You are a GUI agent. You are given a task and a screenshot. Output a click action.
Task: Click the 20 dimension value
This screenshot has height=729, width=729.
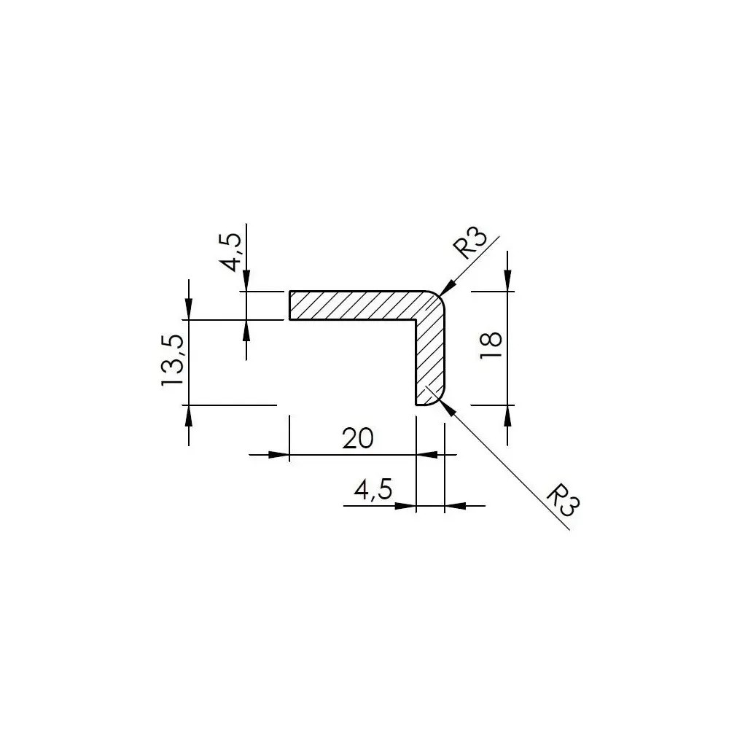357,438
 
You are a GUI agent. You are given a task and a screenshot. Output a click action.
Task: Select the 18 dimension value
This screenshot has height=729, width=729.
491,345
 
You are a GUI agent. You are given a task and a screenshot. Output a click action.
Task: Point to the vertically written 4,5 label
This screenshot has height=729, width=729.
231,252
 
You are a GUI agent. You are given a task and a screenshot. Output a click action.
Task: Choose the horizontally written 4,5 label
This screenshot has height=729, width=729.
373,490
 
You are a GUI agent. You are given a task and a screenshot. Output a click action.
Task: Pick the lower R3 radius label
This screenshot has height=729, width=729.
563,500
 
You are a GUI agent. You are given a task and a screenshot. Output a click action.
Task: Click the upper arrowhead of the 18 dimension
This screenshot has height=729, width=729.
507,281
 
